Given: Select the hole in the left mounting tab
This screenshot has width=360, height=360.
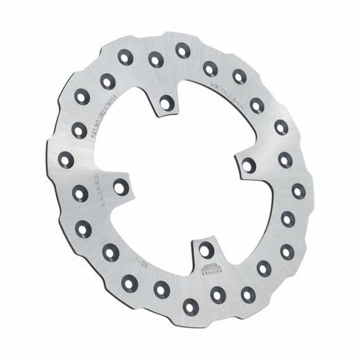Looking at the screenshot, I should [x=120, y=185].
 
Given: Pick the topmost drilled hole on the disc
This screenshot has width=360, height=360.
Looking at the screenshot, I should [x=183, y=49].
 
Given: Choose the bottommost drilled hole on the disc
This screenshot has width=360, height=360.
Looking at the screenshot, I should [x=188, y=303].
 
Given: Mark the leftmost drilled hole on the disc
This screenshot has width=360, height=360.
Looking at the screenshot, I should [x=66, y=161].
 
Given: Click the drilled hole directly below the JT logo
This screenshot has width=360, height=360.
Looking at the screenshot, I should [x=217, y=294].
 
